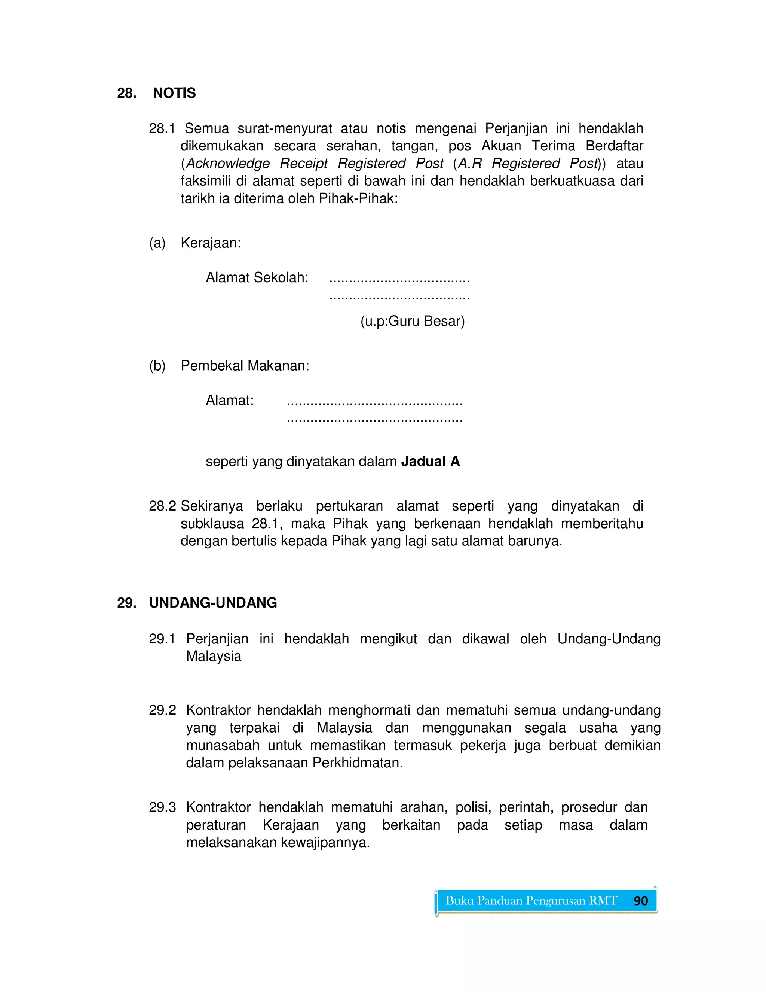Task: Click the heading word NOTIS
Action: click(x=174, y=93)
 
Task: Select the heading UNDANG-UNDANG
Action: click(x=213, y=603)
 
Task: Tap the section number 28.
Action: click(x=127, y=93)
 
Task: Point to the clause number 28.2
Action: click(x=162, y=506)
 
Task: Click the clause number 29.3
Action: click(x=162, y=807)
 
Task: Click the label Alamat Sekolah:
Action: click(x=257, y=277)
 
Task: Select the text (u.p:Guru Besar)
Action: click(x=413, y=321)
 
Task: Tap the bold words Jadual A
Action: click(x=430, y=462)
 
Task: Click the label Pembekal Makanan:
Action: click(x=245, y=366)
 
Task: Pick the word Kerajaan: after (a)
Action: click(x=211, y=243)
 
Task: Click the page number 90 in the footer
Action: click(x=640, y=901)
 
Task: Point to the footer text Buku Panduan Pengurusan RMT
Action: click(x=531, y=901)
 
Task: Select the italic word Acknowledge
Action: click(x=228, y=164)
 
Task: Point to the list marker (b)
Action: click(x=157, y=366)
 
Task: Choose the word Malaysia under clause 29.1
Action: click(x=214, y=656)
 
